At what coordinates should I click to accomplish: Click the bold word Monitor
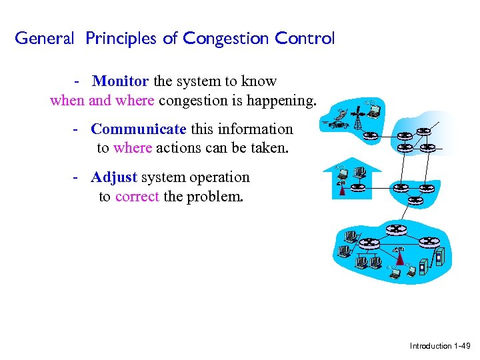point(121,81)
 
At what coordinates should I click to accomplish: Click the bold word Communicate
point(139,129)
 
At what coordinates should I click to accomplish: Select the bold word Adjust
point(114,177)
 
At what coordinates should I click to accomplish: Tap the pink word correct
point(137,197)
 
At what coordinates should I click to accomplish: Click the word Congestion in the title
point(224,39)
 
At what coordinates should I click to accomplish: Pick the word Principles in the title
point(122,39)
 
